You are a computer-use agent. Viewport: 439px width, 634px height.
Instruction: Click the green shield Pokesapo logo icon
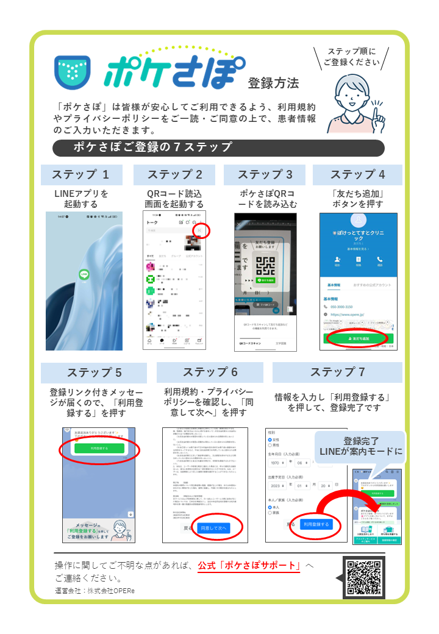[73, 72]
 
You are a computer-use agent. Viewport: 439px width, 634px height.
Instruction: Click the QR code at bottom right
[364, 575]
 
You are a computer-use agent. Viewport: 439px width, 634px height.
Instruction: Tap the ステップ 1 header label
[81, 174]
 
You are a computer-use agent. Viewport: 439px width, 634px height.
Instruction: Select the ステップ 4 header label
[357, 174]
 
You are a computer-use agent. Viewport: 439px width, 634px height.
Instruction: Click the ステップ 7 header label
[337, 372]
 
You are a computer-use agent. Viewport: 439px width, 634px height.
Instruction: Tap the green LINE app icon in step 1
[84, 275]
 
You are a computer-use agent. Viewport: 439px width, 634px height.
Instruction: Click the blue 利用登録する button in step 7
[316, 524]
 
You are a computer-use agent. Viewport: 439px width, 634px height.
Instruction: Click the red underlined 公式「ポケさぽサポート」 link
[249, 565]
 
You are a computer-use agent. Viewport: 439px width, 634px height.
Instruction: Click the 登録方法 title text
[273, 83]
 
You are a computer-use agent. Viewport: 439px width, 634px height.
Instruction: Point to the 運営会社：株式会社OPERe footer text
[95, 591]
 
